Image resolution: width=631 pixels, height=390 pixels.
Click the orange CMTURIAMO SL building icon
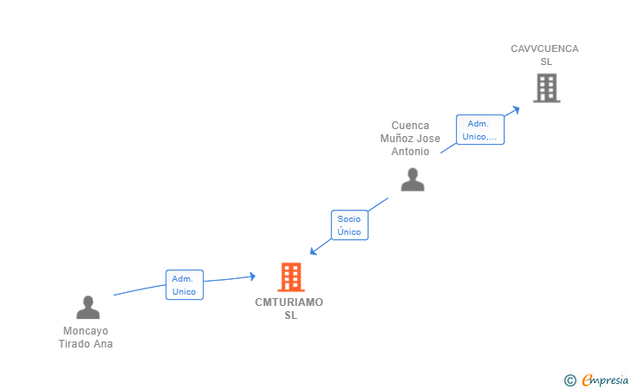click(x=291, y=277)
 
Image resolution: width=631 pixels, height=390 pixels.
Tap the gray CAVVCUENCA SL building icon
click(x=546, y=88)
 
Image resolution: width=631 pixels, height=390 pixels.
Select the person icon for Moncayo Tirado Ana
click(x=88, y=308)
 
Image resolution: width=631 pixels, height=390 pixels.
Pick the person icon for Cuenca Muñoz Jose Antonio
click(x=413, y=179)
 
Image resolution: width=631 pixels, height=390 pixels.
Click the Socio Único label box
click(x=349, y=225)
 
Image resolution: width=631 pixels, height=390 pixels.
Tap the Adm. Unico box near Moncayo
click(x=185, y=285)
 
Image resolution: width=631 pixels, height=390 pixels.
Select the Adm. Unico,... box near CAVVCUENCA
click(x=480, y=130)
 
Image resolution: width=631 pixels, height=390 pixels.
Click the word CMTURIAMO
click(x=289, y=302)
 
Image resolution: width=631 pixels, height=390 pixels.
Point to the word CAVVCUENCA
click(x=544, y=49)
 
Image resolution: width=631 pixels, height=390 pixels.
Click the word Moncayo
click(x=86, y=331)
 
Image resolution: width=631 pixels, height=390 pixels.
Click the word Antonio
click(x=410, y=152)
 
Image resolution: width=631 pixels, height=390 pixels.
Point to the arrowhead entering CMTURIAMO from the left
click(x=252, y=276)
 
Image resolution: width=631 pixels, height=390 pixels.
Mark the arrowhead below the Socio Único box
click(x=314, y=251)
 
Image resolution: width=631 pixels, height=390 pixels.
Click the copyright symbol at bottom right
click(x=569, y=380)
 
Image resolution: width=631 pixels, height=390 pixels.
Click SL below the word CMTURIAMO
click(x=290, y=315)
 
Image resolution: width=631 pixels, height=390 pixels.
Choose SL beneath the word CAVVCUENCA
click(x=545, y=62)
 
